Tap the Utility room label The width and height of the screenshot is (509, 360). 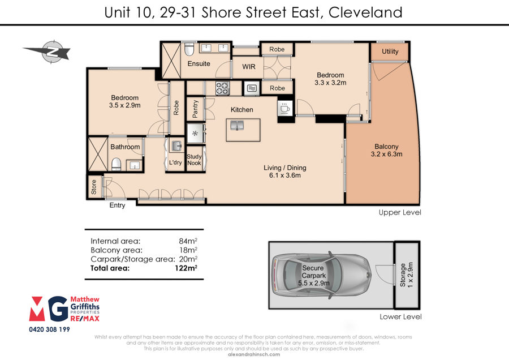[x=390, y=52]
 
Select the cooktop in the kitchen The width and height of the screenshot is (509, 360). [x=223, y=88]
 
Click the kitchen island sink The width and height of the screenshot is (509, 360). [x=237, y=125]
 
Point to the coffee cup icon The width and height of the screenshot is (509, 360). [x=286, y=108]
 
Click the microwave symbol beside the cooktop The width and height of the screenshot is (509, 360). [x=252, y=88]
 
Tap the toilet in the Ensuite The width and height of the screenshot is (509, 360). [x=189, y=49]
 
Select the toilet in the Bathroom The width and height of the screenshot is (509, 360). [x=116, y=164]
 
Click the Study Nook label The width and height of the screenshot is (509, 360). [x=194, y=160]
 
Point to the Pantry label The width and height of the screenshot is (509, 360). [x=195, y=109]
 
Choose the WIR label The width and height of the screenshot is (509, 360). [x=249, y=67]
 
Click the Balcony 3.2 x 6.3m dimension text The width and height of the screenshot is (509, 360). [x=386, y=154]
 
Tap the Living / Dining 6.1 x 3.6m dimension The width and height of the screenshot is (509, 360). [x=284, y=175]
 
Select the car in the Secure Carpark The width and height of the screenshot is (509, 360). [x=322, y=275]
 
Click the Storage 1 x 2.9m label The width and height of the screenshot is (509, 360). [x=407, y=275]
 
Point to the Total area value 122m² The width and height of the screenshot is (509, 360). [x=186, y=268]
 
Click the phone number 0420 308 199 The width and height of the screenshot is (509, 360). [x=49, y=329]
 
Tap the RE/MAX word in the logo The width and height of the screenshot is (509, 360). [x=85, y=319]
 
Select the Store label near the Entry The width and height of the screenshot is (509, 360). [x=94, y=187]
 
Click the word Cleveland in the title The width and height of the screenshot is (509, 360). [x=365, y=12]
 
